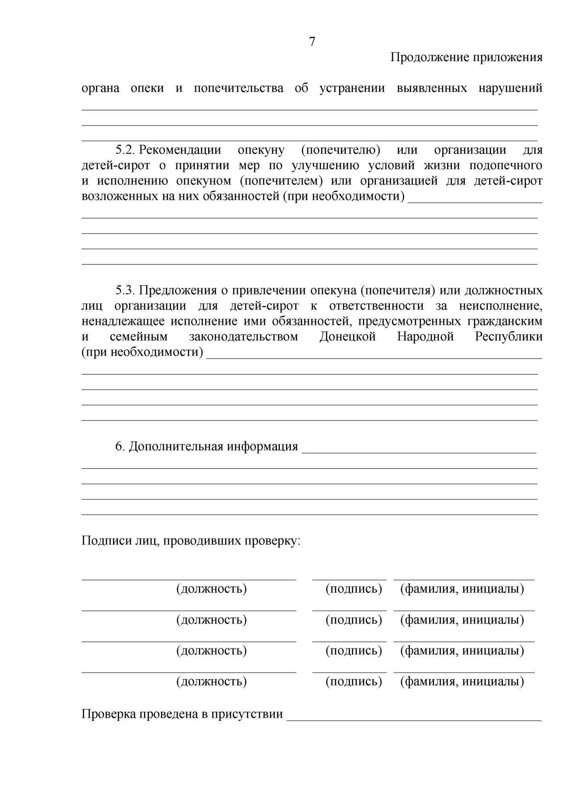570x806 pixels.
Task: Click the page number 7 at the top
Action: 312,42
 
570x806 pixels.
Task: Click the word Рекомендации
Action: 180,150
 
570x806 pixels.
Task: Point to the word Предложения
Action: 178,290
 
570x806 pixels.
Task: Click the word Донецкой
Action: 347,337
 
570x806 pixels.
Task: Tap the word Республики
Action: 508,337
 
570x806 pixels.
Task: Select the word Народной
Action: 425,337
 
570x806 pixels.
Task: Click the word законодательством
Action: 243,337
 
